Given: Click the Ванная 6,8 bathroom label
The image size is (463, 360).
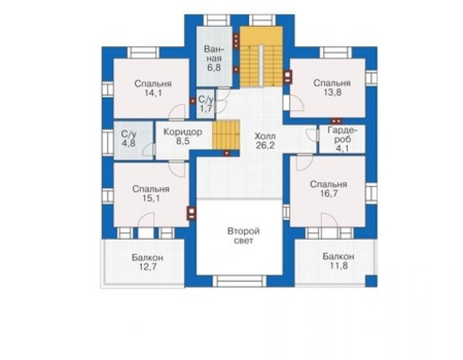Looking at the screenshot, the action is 214,58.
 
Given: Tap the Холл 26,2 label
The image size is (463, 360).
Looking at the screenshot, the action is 265,141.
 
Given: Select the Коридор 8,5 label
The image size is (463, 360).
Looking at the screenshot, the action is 183,136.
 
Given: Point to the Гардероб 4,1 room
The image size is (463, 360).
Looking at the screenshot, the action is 342,139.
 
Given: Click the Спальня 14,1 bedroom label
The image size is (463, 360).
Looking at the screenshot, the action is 153,88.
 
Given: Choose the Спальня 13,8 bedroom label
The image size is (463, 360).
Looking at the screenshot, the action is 332,88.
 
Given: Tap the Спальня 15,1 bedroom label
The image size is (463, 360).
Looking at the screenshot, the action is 151,193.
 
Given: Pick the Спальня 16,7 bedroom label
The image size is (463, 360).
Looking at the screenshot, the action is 328,189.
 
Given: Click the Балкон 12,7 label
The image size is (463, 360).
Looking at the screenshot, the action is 148,262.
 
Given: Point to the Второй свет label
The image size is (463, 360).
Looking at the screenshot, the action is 243,235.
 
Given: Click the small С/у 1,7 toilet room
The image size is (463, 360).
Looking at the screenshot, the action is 205,104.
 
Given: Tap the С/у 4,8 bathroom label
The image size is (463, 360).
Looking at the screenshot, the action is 129,138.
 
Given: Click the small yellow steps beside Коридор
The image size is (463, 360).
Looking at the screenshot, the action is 226,135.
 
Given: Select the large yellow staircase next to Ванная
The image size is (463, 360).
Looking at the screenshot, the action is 261,56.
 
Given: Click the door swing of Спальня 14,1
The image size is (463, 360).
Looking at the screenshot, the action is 178,112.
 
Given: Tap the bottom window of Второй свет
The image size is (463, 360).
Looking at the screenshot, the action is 240,280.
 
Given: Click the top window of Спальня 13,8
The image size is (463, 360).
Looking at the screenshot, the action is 335,53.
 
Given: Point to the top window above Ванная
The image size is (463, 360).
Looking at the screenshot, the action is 216,20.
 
